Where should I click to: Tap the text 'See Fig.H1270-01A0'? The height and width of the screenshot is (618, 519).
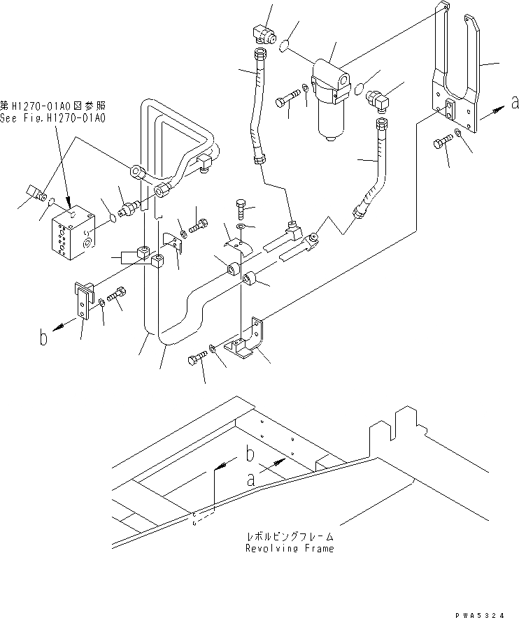click(53, 119)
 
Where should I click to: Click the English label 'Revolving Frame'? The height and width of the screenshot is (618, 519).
click(289, 548)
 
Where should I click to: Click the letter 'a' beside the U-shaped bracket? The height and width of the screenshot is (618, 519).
click(515, 103)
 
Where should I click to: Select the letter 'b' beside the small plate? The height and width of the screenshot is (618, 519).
click(43, 340)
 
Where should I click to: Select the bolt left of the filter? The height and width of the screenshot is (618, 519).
click(286, 99)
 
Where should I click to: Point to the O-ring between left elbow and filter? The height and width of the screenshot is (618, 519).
click(285, 46)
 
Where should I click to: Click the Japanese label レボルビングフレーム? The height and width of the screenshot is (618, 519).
click(289, 536)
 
